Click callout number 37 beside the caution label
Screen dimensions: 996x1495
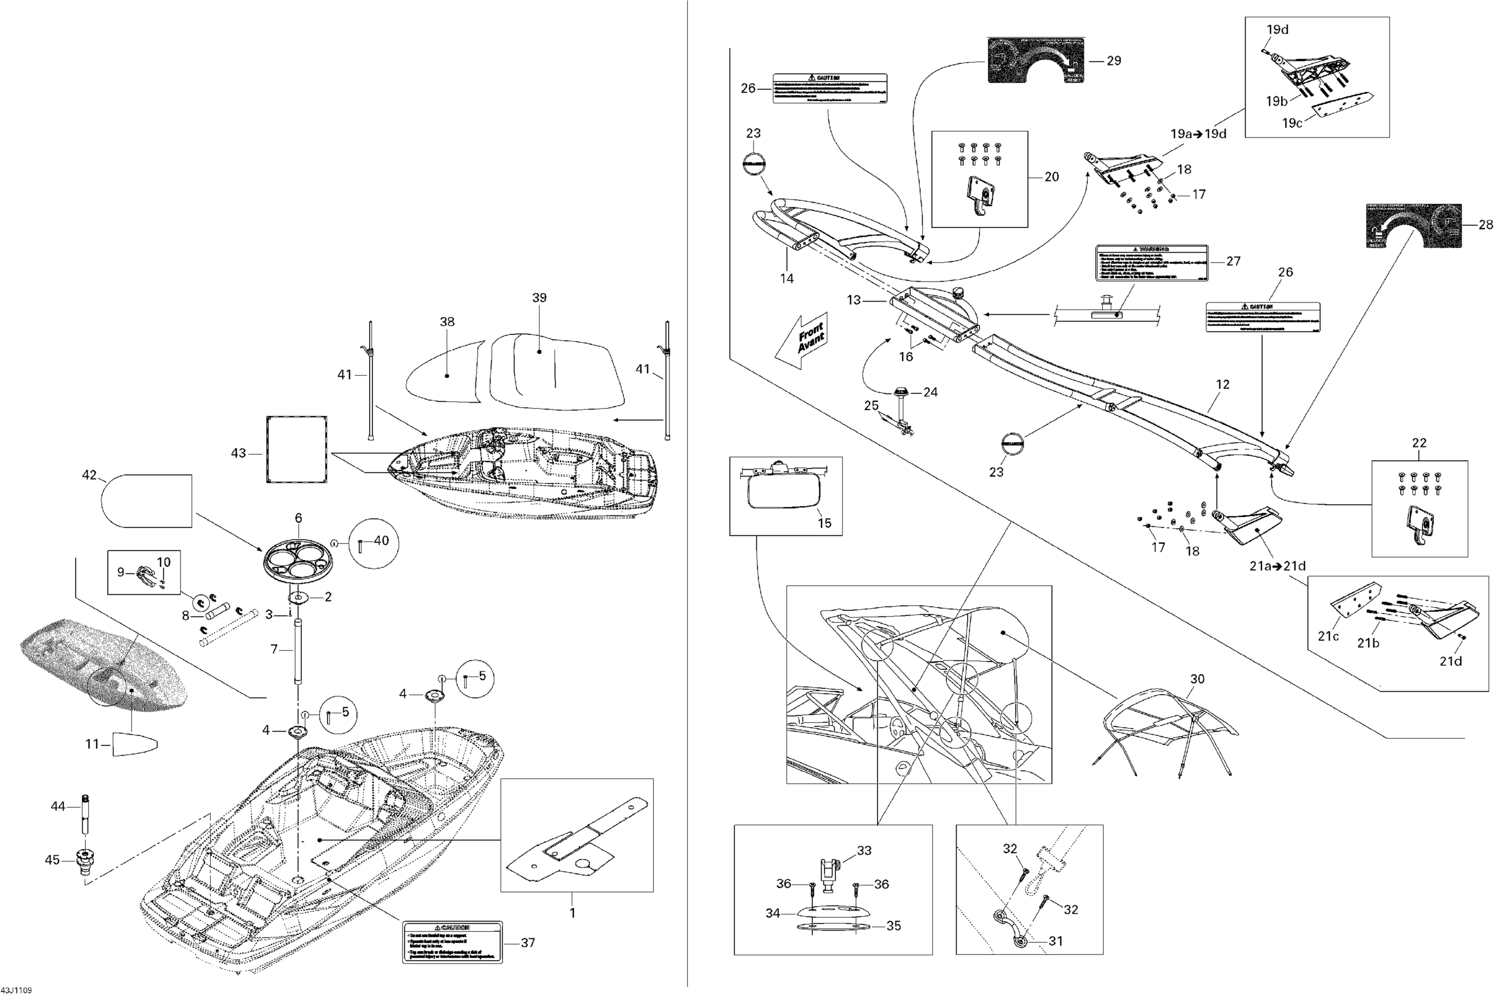(x=528, y=943)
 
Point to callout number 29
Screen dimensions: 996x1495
(x=1113, y=61)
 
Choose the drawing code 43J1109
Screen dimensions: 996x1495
(x=16, y=990)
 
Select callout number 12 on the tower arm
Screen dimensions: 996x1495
(x=1223, y=384)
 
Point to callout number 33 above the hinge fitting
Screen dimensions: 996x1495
(x=864, y=850)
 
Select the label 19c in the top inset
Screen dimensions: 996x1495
(x=1292, y=123)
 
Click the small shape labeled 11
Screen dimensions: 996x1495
(x=135, y=744)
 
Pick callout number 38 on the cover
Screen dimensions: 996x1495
(x=447, y=322)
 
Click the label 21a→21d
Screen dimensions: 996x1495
(x=1277, y=566)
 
